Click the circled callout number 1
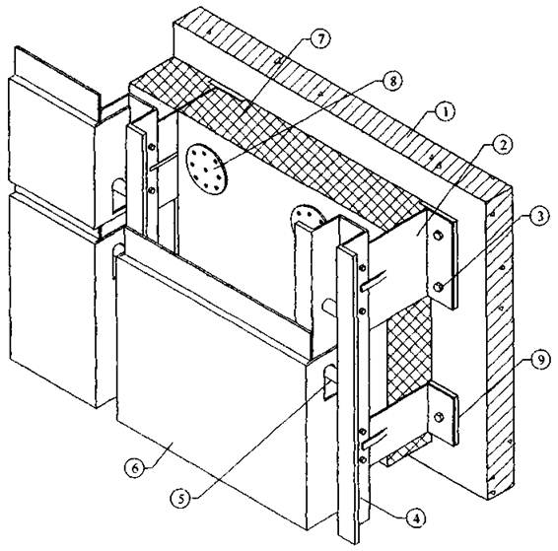click(445, 112)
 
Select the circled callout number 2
click(501, 144)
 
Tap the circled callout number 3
click(540, 217)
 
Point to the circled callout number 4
click(416, 519)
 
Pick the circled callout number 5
click(181, 499)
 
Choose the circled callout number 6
click(135, 468)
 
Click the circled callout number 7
click(320, 38)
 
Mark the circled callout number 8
click(392, 82)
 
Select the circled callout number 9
click(540, 361)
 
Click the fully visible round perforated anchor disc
click(206, 169)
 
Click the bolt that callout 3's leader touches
click(439, 287)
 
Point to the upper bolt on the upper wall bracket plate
click(438, 236)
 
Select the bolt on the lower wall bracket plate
click(439, 417)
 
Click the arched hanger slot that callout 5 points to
click(329, 382)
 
